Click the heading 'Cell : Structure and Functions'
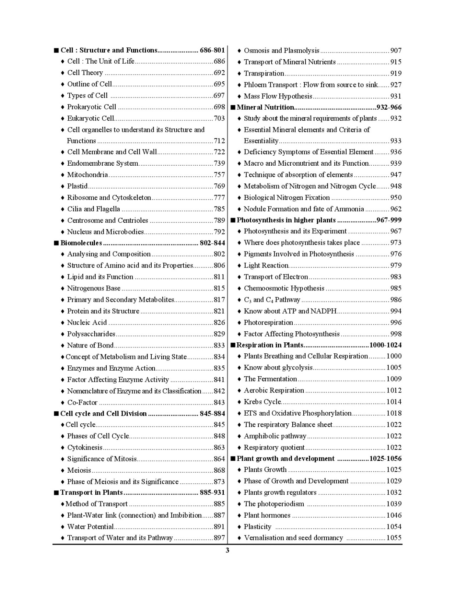109,50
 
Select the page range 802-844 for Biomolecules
212,243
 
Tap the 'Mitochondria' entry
87,175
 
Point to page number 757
219,175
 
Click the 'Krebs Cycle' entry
262,402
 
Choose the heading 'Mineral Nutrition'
265,107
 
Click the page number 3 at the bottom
227,551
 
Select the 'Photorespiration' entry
268,322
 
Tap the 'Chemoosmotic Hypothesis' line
284,288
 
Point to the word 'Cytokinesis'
85,447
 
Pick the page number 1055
394,538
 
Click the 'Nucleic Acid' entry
87,322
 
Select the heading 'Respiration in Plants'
270,345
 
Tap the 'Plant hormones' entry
267,515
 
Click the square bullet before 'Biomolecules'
56,243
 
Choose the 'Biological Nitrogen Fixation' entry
287,198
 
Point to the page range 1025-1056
385,459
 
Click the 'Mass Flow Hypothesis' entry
278,96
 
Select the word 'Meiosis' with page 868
79,470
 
